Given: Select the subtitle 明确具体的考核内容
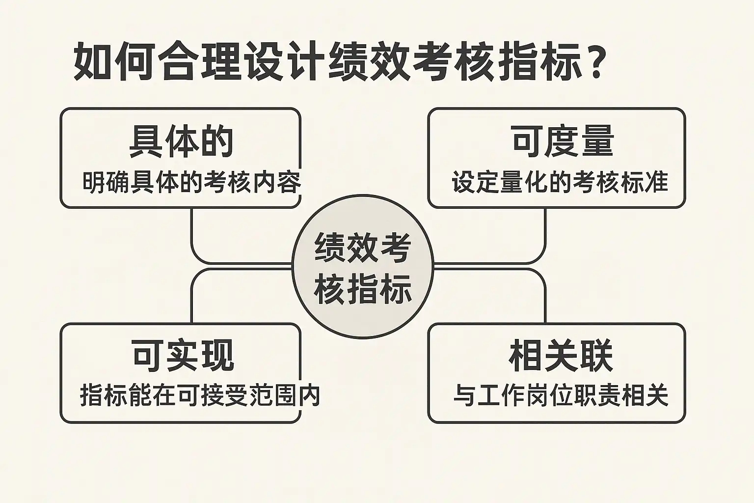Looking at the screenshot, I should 191,183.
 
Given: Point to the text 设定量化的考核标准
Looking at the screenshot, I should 560,182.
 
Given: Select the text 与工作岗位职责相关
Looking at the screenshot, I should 561,395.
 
